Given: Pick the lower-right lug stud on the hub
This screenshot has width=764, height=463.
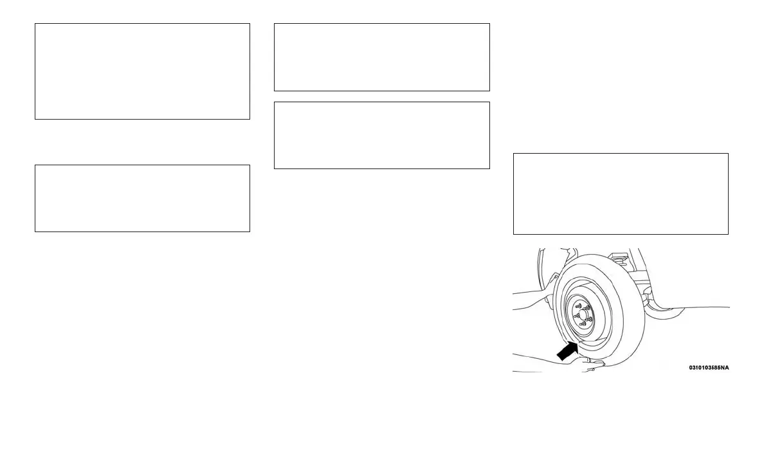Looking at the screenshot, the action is pyautogui.click(x=590, y=320).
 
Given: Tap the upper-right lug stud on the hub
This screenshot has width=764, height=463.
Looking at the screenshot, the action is pyautogui.click(x=588, y=309).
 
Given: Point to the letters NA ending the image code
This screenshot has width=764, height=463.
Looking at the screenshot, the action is pyautogui.click(x=725, y=368).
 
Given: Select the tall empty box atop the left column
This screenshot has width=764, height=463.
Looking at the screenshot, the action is pyautogui.click(x=142, y=71).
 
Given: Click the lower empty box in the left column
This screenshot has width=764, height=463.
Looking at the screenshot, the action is pyautogui.click(x=142, y=198).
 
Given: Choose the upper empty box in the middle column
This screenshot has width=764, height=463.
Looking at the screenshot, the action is pyautogui.click(x=381, y=57).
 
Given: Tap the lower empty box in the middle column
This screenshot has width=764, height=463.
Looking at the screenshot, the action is pyautogui.click(x=381, y=135).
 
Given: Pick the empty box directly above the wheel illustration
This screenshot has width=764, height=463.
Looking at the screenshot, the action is pyautogui.click(x=621, y=194).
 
